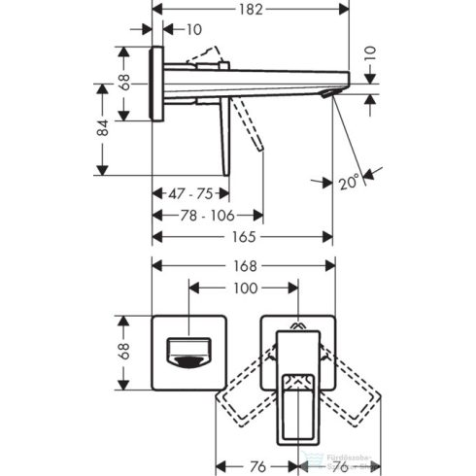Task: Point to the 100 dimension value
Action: pos(246,289)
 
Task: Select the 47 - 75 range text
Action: pos(189,193)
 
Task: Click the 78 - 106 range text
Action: pos(207,215)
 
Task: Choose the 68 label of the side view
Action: pos(125,84)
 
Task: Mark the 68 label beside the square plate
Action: pos(125,352)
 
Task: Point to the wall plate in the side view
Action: pos(156,84)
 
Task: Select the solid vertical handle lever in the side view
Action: pos(227,136)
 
